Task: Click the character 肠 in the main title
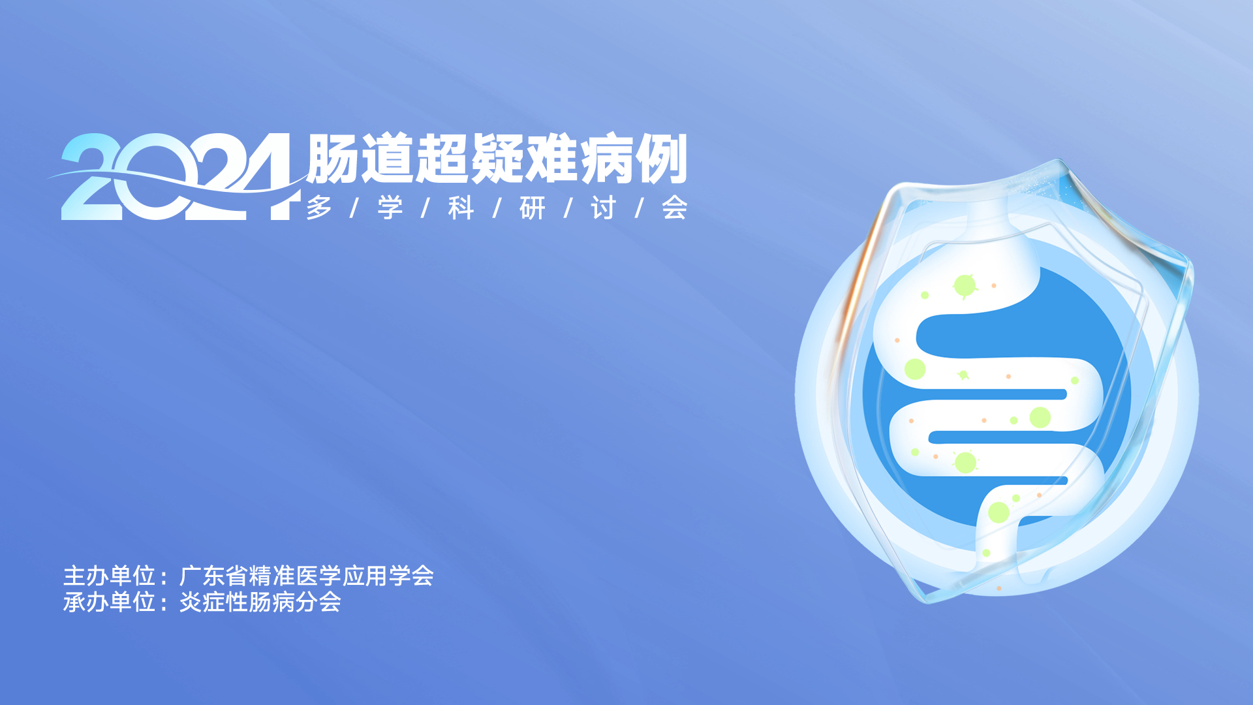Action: pos(332,159)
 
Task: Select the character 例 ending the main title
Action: pos(661,159)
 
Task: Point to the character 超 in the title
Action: pos(442,159)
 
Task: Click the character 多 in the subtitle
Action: pos(319,208)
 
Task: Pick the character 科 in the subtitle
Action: pos(461,208)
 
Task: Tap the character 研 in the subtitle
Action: pos(533,208)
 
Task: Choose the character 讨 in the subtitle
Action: pos(604,208)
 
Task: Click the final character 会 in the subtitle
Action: pos(675,208)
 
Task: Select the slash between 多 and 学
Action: pos(355,208)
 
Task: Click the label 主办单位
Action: pos(109,576)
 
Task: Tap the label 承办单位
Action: pos(109,602)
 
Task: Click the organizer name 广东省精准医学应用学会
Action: pos(307,576)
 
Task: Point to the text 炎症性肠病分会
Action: pos(260,602)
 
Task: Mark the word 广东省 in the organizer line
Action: pos(213,576)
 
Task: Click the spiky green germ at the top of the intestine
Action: pos(965,285)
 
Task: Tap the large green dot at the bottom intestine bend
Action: pos(998,512)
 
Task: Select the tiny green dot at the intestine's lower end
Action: pos(986,553)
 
